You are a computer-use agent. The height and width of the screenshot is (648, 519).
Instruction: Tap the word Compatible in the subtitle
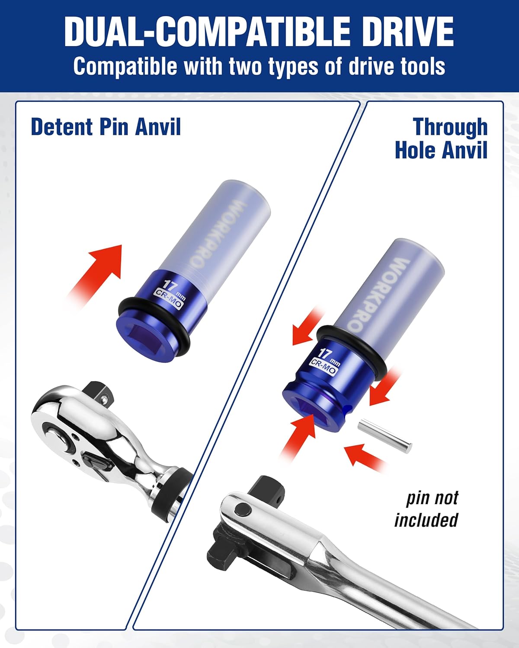(x=125, y=67)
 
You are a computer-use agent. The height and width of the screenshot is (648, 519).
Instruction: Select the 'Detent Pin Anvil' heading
(x=106, y=127)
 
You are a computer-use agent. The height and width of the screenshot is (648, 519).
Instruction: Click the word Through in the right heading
(x=450, y=127)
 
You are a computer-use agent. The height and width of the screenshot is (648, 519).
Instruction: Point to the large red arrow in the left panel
(x=97, y=272)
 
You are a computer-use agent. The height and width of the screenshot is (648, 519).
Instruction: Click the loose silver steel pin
(x=384, y=436)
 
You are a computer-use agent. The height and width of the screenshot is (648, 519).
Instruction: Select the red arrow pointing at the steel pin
(x=365, y=458)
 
